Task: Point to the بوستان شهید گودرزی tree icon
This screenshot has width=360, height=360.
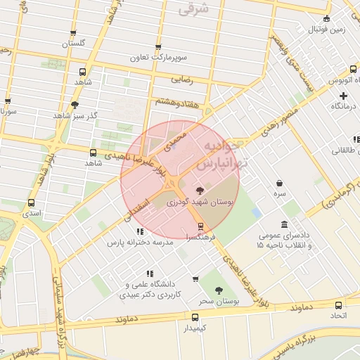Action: pyautogui.click(x=200, y=190)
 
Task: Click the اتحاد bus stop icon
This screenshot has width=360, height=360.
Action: pyautogui.click(x=339, y=306)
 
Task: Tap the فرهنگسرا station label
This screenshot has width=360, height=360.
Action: pyautogui.click(x=201, y=238)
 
